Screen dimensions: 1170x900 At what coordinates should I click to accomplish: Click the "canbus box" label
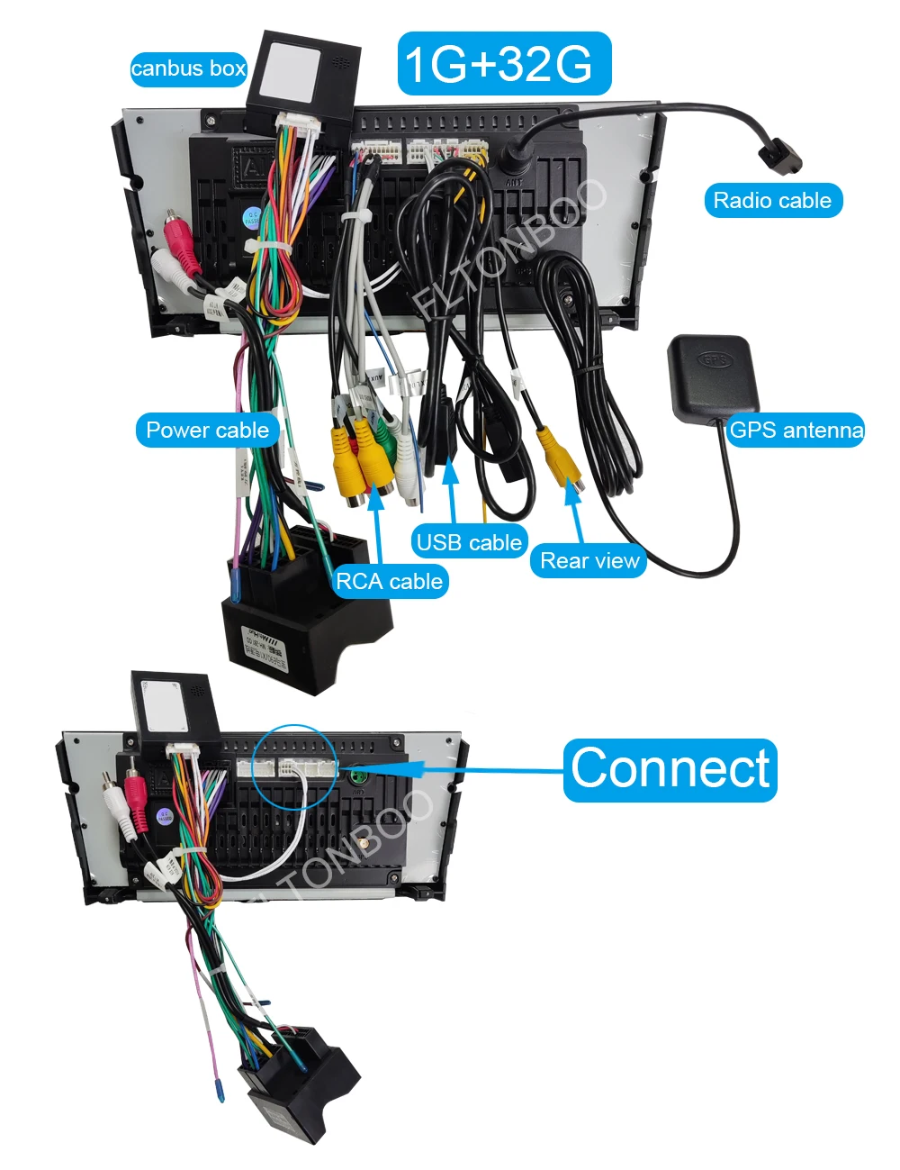pos(188,68)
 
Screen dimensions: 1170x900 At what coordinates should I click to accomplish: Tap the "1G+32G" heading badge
pos(504,63)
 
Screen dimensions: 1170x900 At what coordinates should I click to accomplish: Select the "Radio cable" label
pos(772,200)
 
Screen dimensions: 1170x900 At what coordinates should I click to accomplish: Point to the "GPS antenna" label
pos(796,430)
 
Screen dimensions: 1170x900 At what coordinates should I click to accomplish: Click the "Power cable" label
pos(207,430)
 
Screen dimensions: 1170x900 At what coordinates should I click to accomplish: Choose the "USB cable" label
pos(469,542)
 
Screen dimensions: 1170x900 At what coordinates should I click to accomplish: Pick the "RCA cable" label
pos(389,581)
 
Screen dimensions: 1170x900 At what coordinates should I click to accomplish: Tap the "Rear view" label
pos(589,560)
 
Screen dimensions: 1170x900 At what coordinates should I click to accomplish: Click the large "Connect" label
pos(670,769)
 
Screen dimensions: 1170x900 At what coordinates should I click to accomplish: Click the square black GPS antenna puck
pos(714,372)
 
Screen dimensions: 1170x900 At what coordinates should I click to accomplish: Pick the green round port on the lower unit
pos(359,776)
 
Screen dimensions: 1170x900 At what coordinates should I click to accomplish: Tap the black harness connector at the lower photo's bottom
pos(297,1081)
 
